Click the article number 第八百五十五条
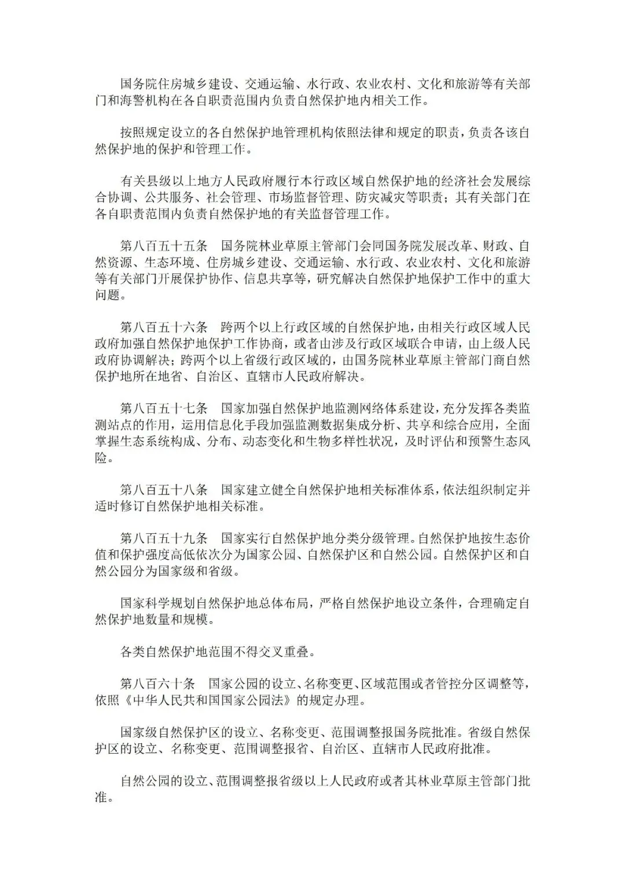click(164, 246)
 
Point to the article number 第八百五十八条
click(164, 490)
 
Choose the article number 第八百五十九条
click(164, 538)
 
